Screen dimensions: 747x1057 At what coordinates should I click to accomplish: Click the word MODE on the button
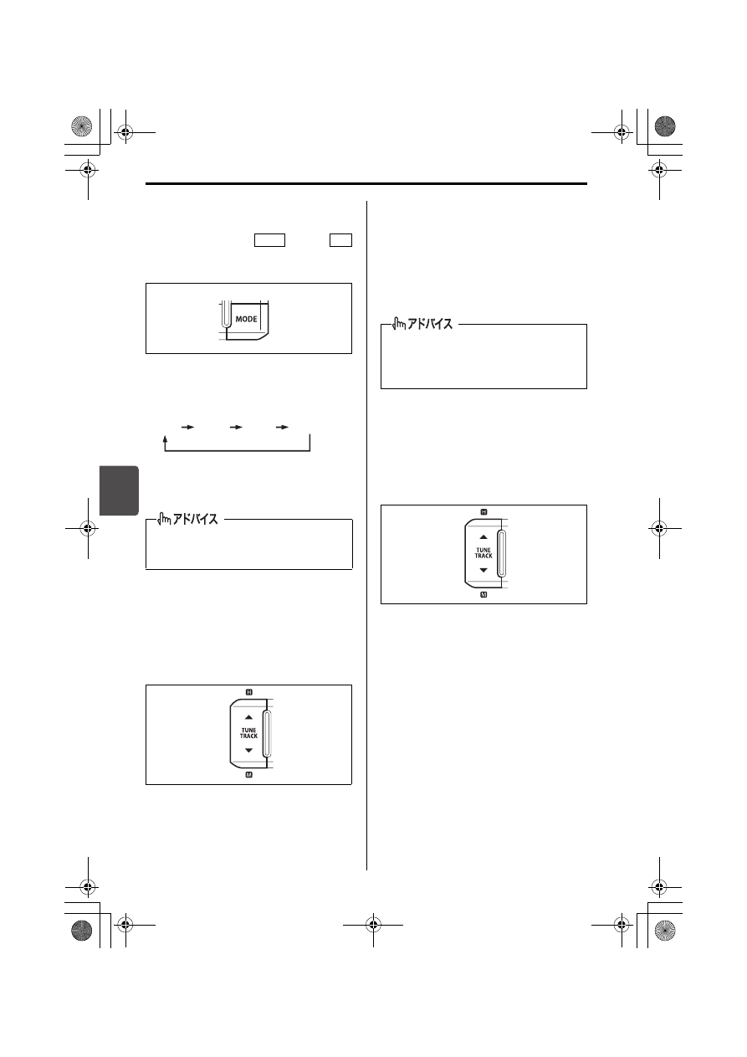point(246,319)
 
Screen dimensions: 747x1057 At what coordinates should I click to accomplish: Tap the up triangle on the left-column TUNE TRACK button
point(248,717)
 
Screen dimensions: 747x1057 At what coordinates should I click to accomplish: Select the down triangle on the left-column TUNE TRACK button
point(248,751)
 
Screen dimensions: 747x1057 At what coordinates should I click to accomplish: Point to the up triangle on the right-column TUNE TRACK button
point(484,537)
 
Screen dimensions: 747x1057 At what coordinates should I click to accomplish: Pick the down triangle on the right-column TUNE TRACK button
point(484,570)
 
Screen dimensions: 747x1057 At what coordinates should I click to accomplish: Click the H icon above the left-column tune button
point(249,692)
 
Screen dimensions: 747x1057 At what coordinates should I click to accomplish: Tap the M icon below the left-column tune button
point(249,774)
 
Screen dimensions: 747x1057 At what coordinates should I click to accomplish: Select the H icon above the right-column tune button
point(484,511)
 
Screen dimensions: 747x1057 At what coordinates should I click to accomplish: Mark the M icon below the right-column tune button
point(484,594)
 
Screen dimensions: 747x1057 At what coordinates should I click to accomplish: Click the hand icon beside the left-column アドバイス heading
point(164,519)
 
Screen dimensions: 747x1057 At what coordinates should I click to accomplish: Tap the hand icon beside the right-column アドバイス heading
point(399,323)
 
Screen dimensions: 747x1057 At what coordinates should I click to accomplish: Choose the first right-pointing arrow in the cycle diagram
point(187,427)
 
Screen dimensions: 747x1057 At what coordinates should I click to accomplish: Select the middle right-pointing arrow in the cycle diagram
point(236,427)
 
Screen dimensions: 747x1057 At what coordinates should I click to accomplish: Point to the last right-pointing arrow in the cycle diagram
point(282,427)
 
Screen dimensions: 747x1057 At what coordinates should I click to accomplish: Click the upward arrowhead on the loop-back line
point(165,439)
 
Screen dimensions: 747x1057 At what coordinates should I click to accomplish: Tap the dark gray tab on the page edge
point(119,490)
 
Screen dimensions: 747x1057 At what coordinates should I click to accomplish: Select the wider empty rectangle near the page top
point(269,240)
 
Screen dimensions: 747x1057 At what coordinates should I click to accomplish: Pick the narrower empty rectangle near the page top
point(340,240)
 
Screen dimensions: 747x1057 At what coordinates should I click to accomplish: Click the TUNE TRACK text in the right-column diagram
point(484,553)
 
